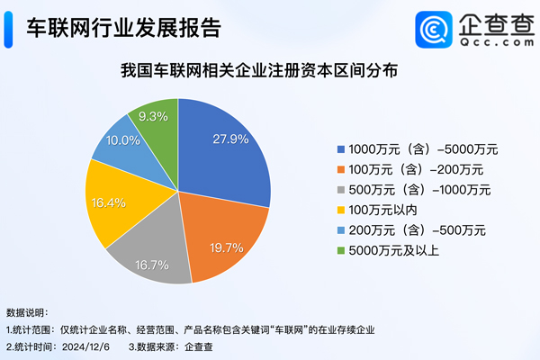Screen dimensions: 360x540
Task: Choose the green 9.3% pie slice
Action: coord(155,121)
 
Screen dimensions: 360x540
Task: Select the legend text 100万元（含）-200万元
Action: coord(416,168)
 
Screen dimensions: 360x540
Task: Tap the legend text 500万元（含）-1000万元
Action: coord(418,189)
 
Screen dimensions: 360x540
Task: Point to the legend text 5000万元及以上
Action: coord(393,249)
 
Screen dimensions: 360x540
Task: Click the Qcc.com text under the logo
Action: coord(490,40)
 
